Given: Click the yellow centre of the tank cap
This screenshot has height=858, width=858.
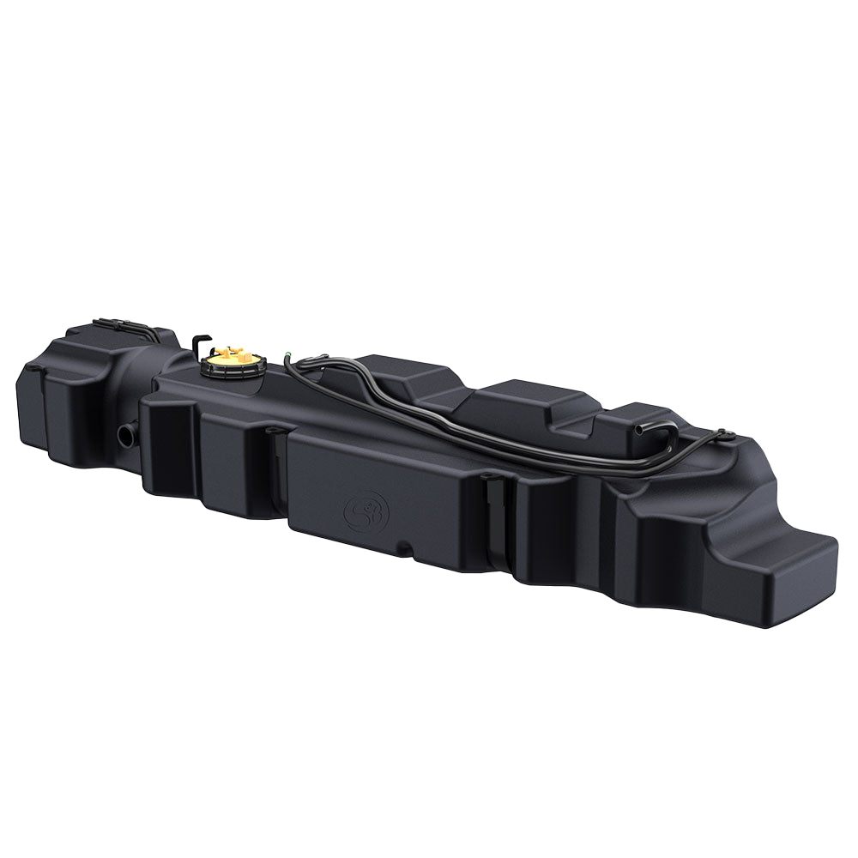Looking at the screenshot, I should tap(230, 353).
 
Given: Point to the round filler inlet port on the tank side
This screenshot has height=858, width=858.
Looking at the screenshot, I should tap(126, 434).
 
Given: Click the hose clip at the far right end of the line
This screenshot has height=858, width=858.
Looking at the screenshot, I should tap(725, 435).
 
